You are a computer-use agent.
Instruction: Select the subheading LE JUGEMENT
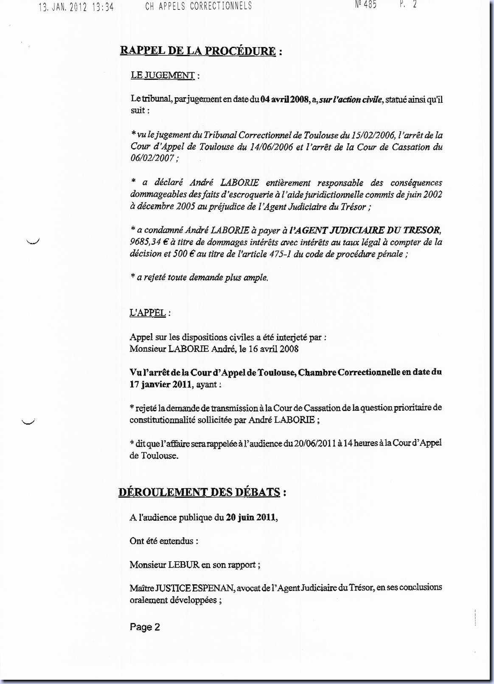point(163,76)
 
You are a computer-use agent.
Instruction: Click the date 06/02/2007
point(152,158)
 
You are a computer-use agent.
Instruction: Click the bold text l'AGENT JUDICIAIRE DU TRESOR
point(365,230)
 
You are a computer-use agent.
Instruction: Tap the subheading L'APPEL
point(147,313)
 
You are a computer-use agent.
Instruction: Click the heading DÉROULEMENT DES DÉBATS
point(199,492)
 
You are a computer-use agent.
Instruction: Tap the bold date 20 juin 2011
point(250,517)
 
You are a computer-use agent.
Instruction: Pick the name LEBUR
point(184,565)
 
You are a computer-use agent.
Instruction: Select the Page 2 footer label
point(145,627)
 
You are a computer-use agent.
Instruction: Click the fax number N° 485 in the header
point(365,5)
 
